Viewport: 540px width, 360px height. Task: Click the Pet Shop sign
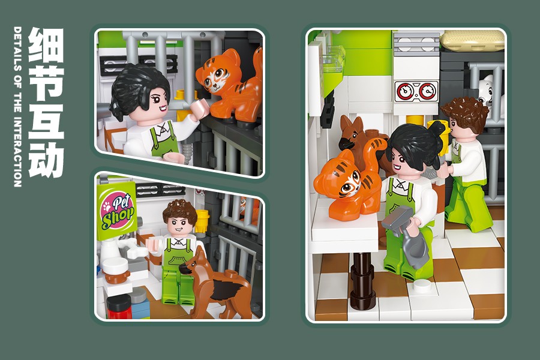(x=117, y=211)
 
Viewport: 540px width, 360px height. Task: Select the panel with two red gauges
(x=416, y=92)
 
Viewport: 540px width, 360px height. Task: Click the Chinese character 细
(x=46, y=45)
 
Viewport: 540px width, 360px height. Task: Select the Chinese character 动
(x=46, y=160)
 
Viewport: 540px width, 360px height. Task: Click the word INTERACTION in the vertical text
(x=17, y=152)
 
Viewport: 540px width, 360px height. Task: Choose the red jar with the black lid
(x=119, y=307)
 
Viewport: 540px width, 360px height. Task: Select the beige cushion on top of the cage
(x=474, y=41)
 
